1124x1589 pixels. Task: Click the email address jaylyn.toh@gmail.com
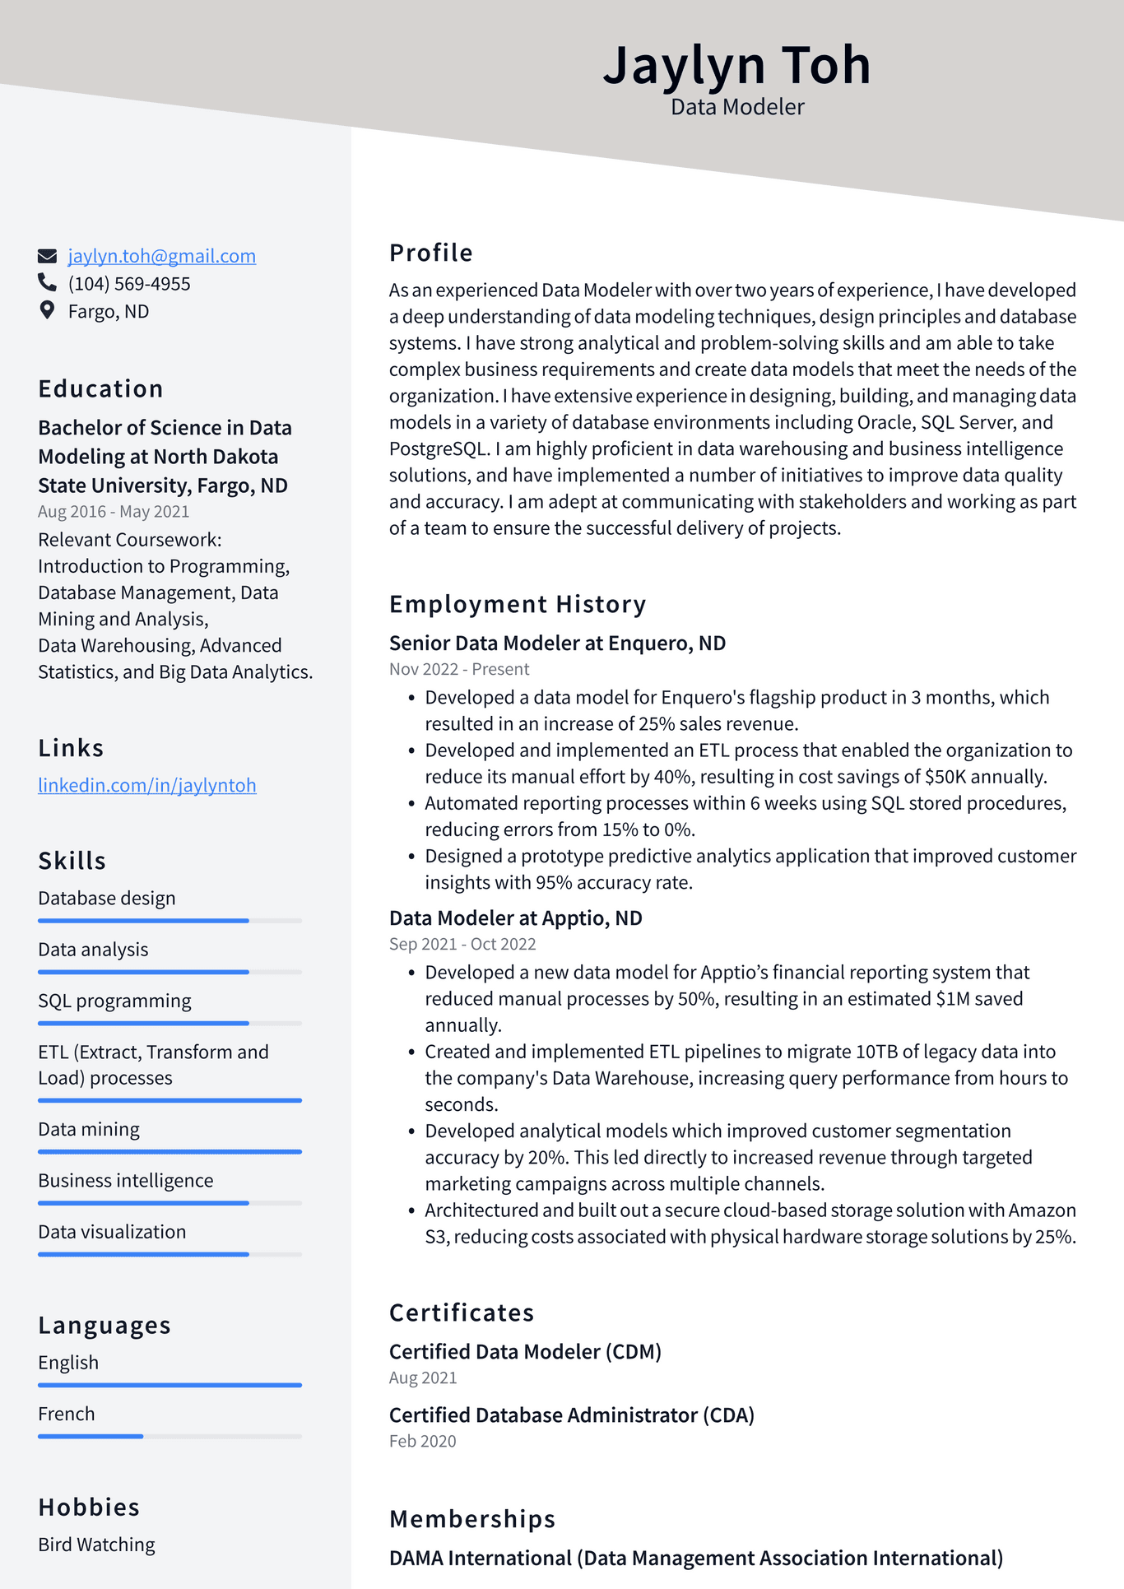click(x=161, y=256)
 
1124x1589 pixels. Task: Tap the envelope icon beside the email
click(x=48, y=256)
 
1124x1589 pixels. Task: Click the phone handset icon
click(x=47, y=283)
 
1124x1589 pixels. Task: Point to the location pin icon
click(x=47, y=310)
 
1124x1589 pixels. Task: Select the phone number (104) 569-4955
click(x=129, y=284)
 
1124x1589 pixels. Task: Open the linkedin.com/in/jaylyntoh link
click(x=147, y=785)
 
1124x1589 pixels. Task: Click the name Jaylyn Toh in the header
click(x=736, y=64)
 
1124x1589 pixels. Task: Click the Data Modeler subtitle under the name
click(x=737, y=107)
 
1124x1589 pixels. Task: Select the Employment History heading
click(x=518, y=604)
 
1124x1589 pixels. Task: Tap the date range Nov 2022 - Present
click(x=459, y=669)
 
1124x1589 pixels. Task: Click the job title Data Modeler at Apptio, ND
click(x=515, y=918)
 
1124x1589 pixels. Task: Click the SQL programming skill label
click(x=114, y=1001)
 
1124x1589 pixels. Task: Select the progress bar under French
click(x=170, y=1436)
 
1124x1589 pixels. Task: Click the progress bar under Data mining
click(x=170, y=1151)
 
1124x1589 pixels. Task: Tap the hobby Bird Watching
click(x=96, y=1545)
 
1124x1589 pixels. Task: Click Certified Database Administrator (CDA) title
click(x=572, y=1415)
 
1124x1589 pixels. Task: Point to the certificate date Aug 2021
click(x=423, y=1378)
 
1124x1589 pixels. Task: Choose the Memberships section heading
click(x=472, y=1519)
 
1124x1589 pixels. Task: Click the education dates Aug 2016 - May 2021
click(x=114, y=511)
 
